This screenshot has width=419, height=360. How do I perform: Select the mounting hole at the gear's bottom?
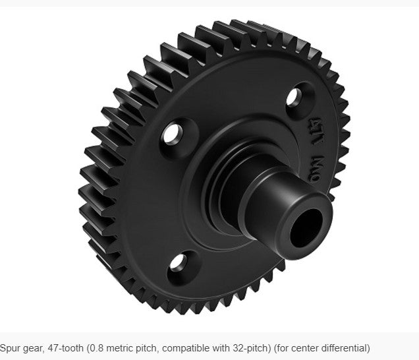[x=177, y=263]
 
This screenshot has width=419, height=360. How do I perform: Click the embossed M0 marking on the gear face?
[x=312, y=160]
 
